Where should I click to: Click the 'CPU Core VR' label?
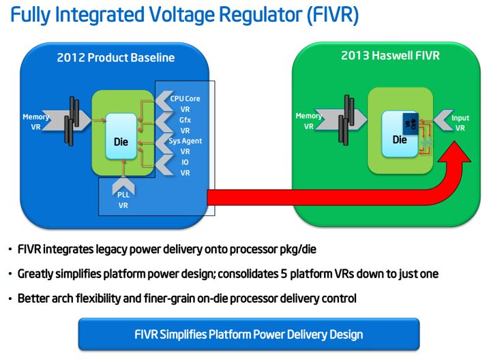point(185,104)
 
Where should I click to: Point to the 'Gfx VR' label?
point(185,125)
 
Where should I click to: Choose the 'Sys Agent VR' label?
point(185,146)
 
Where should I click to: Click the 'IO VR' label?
point(185,168)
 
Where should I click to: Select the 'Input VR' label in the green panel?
point(460,123)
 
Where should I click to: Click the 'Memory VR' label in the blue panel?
point(35,122)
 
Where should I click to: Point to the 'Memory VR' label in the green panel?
point(308,121)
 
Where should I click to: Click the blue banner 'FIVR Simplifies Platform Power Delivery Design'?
point(248,334)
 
